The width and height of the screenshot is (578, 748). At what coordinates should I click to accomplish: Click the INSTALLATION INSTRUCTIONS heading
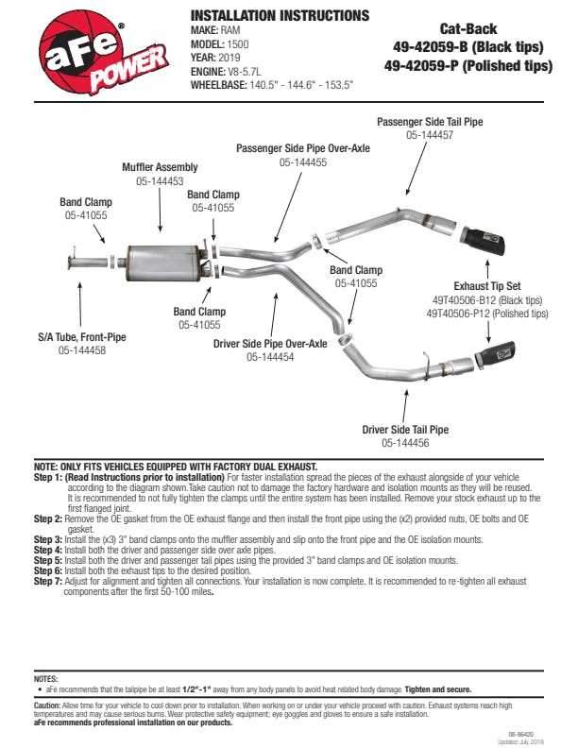pos(280,16)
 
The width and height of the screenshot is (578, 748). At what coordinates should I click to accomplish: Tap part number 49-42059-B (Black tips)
pos(467,46)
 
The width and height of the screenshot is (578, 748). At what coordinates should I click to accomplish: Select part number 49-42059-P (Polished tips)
pos(467,66)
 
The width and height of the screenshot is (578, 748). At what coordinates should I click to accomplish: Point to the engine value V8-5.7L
pos(255,70)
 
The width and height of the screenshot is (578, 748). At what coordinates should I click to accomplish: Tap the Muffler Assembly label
pos(160,167)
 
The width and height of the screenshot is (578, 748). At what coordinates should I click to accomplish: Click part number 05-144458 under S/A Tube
pos(82,350)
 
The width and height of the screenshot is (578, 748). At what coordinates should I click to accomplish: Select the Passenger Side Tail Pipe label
pos(430,122)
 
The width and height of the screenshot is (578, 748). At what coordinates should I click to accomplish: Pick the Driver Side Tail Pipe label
pos(405,429)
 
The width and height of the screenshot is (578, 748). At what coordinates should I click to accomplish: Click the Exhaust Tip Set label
pos(486,286)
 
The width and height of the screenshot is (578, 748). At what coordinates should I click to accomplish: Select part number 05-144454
pos(270,357)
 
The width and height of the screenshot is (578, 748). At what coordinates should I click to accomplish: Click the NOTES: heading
pos(45,679)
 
